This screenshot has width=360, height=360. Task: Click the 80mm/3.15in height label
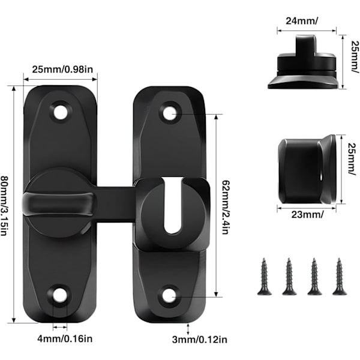(x=4, y=205)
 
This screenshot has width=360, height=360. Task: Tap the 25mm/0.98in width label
(x=62, y=70)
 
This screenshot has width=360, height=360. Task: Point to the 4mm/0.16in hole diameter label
(x=65, y=338)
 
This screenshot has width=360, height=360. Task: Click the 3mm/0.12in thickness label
(x=200, y=340)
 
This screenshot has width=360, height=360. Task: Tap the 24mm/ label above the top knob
(x=302, y=21)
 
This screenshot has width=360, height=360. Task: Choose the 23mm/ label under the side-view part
(x=308, y=215)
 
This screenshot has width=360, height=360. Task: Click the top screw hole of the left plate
(x=61, y=113)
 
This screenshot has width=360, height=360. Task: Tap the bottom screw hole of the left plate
(x=59, y=296)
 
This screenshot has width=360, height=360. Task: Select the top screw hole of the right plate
(x=170, y=113)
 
